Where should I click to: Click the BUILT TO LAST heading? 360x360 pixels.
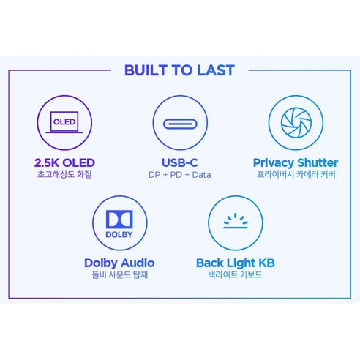[x=179, y=70]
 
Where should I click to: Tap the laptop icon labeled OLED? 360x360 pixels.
[x=64, y=122]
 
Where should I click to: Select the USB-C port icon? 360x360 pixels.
[x=180, y=124]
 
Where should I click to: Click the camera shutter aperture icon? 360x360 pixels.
[x=296, y=122]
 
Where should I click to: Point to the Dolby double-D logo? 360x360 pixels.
[x=119, y=220]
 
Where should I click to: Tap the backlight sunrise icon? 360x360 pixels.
[x=236, y=221]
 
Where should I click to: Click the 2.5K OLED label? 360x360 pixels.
[x=64, y=162]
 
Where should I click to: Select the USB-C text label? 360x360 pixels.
[x=180, y=162]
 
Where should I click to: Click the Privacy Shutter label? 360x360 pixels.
[x=296, y=162]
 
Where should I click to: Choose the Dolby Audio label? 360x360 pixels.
[x=119, y=263]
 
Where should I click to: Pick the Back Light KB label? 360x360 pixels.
[x=236, y=263]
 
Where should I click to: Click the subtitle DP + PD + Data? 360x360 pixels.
[x=180, y=175]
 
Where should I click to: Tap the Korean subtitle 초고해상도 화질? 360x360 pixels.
[x=64, y=174]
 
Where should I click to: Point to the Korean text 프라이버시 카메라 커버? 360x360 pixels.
[x=296, y=174]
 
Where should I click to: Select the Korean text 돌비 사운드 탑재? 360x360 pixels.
[x=120, y=274]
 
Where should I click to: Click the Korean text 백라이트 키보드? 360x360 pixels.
[x=235, y=274]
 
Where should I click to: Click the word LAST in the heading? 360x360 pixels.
[x=216, y=70]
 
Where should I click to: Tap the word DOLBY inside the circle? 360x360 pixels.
[x=119, y=234]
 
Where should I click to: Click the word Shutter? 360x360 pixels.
[x=318, y=162]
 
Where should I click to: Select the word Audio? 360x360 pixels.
[x=138, y=263]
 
